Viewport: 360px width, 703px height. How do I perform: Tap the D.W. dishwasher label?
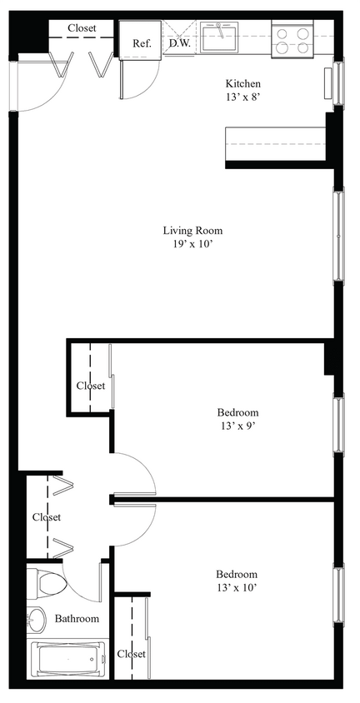179,42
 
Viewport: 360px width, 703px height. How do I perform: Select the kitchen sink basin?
221,36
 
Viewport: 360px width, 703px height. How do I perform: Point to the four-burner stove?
292,40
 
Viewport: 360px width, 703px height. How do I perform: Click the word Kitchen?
243,84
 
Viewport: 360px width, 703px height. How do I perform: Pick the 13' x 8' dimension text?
243,97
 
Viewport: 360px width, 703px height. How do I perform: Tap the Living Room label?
192,231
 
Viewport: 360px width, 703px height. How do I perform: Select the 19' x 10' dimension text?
192,245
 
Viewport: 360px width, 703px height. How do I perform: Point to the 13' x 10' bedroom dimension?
237,588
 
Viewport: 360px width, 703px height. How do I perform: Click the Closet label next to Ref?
82,28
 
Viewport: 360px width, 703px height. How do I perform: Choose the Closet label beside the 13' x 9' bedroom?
91,386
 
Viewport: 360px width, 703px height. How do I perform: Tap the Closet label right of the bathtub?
131,654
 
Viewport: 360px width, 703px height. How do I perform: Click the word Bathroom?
77,619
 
